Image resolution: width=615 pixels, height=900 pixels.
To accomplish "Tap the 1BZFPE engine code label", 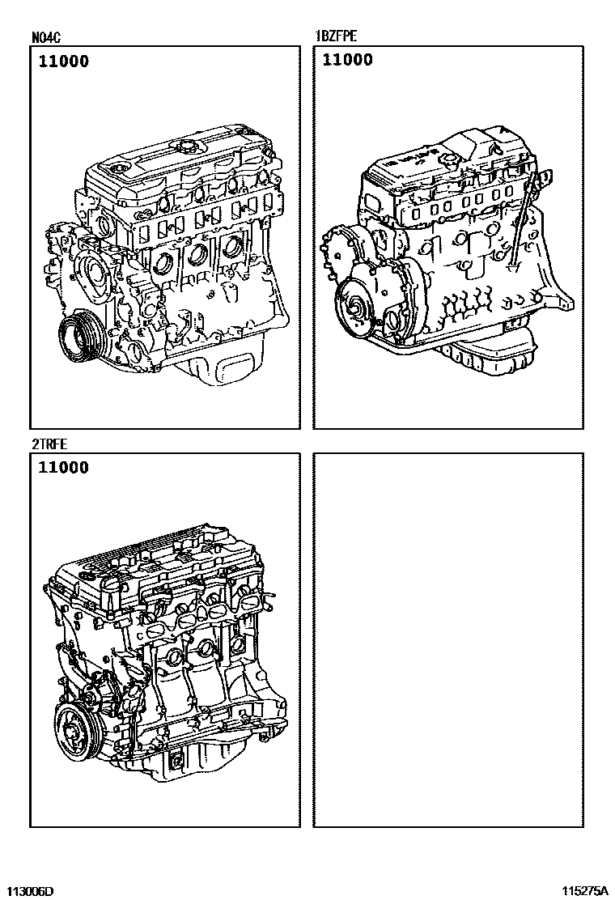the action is coord(336,36).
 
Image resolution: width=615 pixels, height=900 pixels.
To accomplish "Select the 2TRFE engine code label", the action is coord(50,444).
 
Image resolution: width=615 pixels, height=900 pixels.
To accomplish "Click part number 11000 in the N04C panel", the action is coord(64,62).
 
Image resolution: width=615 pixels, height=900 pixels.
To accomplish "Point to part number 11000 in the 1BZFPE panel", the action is coord(348,60).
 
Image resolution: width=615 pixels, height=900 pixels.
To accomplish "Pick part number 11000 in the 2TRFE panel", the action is coord(64,468).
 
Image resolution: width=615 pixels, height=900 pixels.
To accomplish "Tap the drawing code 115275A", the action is coord(584,891).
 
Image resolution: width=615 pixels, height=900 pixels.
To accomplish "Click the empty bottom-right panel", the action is coord(448,640).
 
